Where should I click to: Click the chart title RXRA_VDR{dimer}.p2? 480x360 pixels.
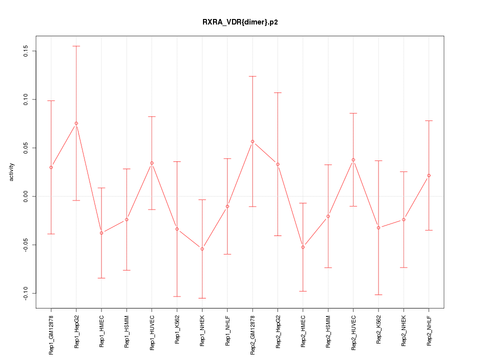[x=239, y=22]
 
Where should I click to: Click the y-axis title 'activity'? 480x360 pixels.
[x=12, y=172]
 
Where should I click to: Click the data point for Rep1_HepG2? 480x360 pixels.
[x=76, y=123]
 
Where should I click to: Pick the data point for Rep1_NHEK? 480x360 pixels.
[x=202, y=249]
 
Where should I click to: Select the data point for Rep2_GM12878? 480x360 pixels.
[x=252, y=141]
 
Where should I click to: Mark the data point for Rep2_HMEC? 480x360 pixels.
[x=303, y=247]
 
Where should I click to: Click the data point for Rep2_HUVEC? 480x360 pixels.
[x=353, y=160]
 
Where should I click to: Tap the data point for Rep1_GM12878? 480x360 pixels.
[x=51, y=167]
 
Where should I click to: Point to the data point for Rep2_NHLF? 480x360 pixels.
[x=429, y=175]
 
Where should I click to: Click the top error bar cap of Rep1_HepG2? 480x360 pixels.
[x=76, y=46]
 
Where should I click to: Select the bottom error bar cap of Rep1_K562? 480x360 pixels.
[x=177, y=296]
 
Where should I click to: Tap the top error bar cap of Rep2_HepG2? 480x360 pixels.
[x=278, y=92]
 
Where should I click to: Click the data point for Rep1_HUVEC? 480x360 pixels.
[x=152, y=163]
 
